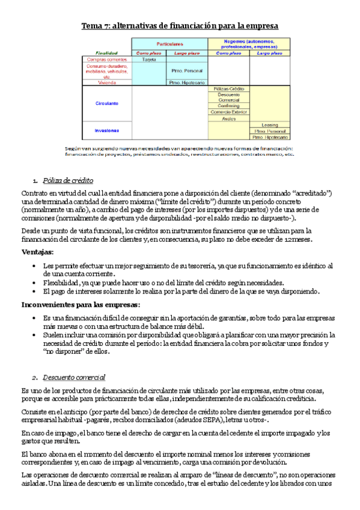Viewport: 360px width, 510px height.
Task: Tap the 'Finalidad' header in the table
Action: coord(106,53)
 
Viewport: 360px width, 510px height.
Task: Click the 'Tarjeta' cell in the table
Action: coord(149,60)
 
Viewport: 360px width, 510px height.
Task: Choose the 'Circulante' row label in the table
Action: coord(106,103)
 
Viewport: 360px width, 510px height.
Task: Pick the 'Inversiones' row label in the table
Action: coord(106,130)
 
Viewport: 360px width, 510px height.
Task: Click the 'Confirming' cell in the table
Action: coord(228,106)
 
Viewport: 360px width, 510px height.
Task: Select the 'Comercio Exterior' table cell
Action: coord(228,112)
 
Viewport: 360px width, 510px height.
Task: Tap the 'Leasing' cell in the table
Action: coord(269,125)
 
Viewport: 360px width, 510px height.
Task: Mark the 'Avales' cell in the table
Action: coord(228,118)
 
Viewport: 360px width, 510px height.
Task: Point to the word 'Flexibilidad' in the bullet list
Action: coord(63,282)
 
